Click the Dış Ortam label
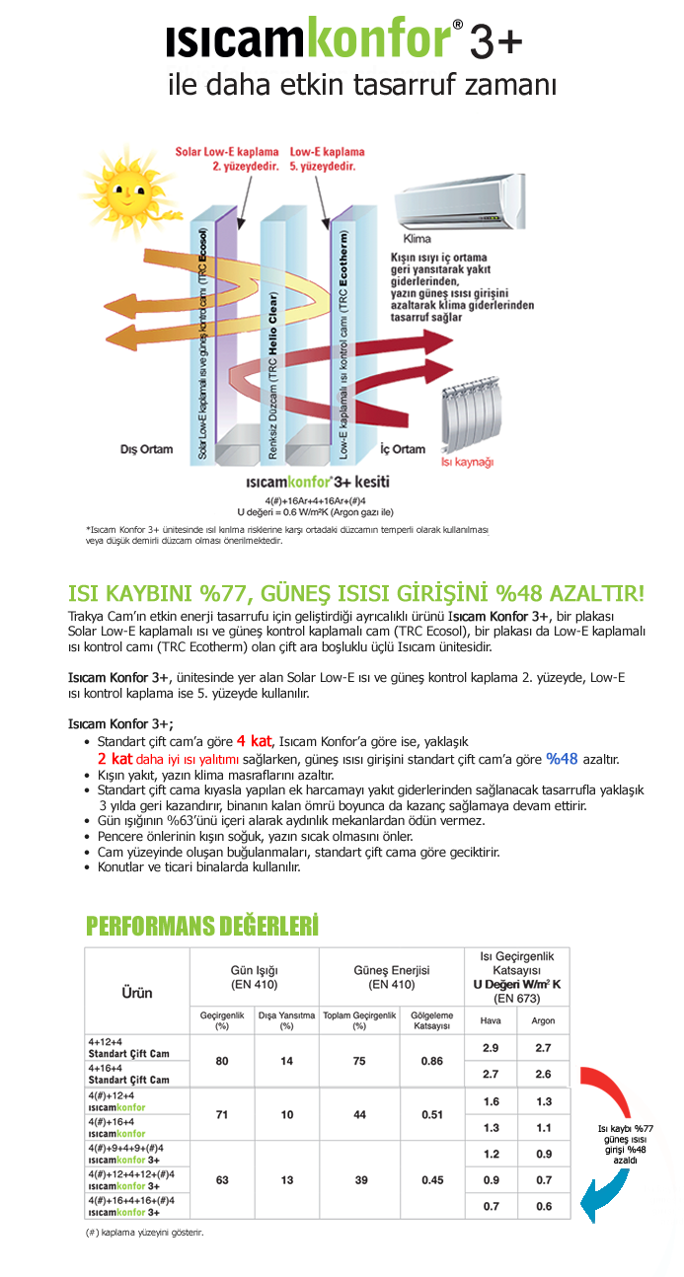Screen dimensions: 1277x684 pos(146,449)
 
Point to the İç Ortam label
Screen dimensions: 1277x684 pos(403,449)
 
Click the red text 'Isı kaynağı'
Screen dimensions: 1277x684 pos(467,462)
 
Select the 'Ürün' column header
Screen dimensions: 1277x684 pos(136,992)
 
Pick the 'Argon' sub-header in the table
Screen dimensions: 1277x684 pos(543,1020)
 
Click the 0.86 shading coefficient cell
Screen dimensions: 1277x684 pos(431,1060)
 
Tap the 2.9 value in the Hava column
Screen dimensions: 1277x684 pos(491,1047)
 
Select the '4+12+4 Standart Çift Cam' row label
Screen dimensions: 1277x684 pos(128,1047)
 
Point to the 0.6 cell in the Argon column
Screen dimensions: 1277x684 pos(543,1206)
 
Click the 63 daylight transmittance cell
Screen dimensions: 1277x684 pos(222,1179)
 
